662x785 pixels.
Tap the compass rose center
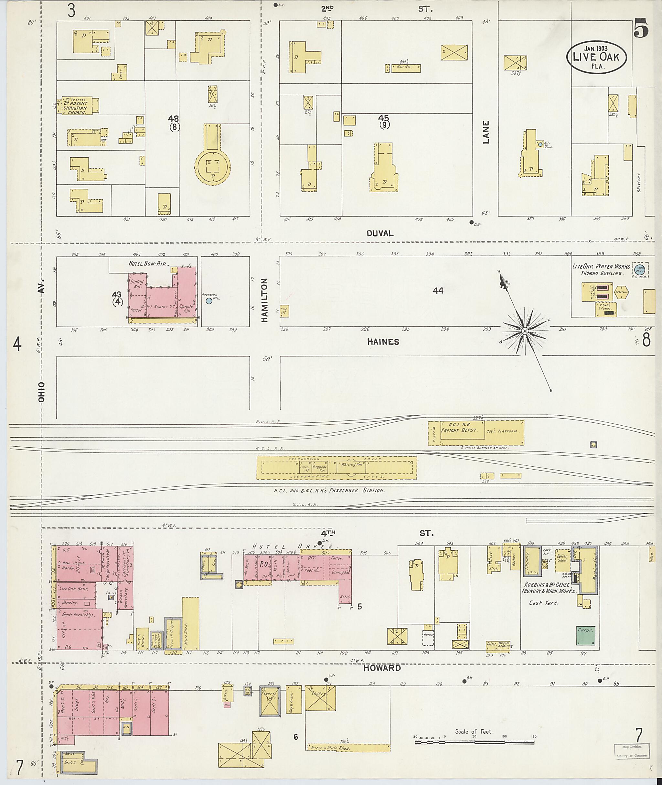click(525, 331)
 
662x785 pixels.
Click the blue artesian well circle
click(209, 301)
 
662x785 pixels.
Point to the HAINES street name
click(383, 342)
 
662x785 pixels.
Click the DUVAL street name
click(380, 233)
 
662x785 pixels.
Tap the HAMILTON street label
click(265, 300)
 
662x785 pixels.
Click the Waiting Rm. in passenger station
click(351, 464)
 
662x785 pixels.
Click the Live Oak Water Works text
click(601, 266)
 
